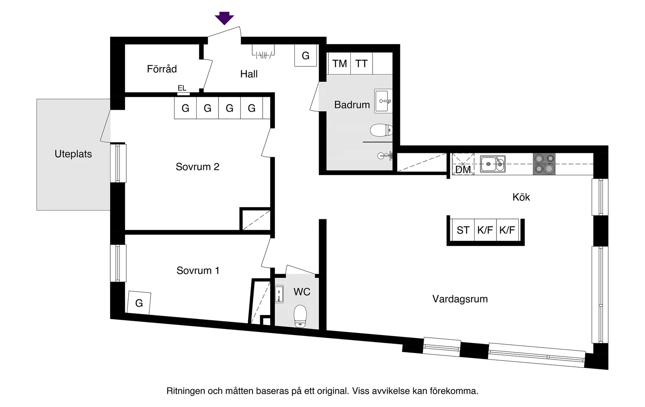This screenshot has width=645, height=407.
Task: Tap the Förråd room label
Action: click(x=162, y=69)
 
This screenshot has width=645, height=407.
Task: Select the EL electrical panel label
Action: click(x=182, y=88)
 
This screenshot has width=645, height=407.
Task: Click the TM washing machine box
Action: click(x=339, y=63)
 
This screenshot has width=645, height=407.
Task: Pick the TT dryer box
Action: click(x=362, y=63)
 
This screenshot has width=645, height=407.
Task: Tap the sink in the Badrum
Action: click(x=383, y=101)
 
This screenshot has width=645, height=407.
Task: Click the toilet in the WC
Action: click(x=300, y=316)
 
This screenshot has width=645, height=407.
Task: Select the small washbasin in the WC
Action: click(x=279, y=294)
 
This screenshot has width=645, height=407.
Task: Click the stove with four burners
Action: click(x=544, y=164)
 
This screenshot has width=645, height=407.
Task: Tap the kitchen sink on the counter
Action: click(x=492, y=164)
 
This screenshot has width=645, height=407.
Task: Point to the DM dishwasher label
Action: click(x=463, y=170)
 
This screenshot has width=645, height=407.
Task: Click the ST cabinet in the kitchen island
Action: click(x=463, y=230)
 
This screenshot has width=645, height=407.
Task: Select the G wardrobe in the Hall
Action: click(x=305, y=56)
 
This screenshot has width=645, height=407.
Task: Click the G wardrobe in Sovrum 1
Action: click(x=139, y=303)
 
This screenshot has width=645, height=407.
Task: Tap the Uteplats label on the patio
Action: click(x=73, y=154)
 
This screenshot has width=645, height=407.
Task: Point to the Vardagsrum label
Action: click(x=460, y=299)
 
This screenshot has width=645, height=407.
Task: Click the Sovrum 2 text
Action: click(x=197, y=167)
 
